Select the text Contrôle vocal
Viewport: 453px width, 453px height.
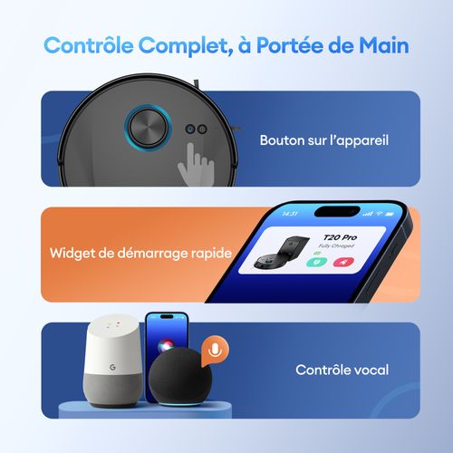click(342, 370)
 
